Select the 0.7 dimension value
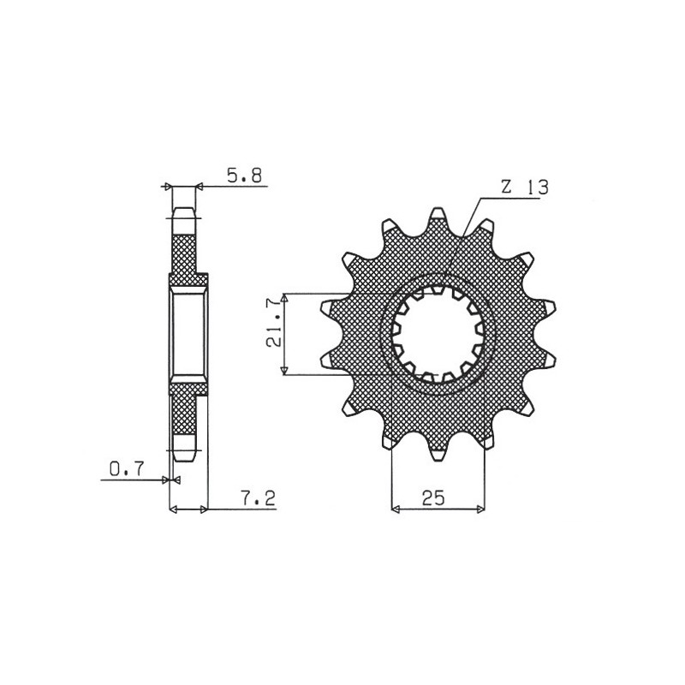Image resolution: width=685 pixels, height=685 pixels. [127, 468]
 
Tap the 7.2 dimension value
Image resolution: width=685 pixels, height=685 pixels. [258, 499]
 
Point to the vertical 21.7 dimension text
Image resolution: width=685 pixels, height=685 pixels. [272, 334]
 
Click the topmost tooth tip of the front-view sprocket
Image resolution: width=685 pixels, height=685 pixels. [438, 211]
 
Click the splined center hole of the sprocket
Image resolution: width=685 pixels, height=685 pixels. [438, 334]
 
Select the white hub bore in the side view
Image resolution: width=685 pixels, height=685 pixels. [188, 334]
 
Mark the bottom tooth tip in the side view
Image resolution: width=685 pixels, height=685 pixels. [185, 454]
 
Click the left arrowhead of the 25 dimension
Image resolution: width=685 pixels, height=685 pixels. [396, 510]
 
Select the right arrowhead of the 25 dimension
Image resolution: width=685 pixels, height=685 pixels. [480, 510]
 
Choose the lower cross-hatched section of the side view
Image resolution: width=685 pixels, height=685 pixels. [185, 415]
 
